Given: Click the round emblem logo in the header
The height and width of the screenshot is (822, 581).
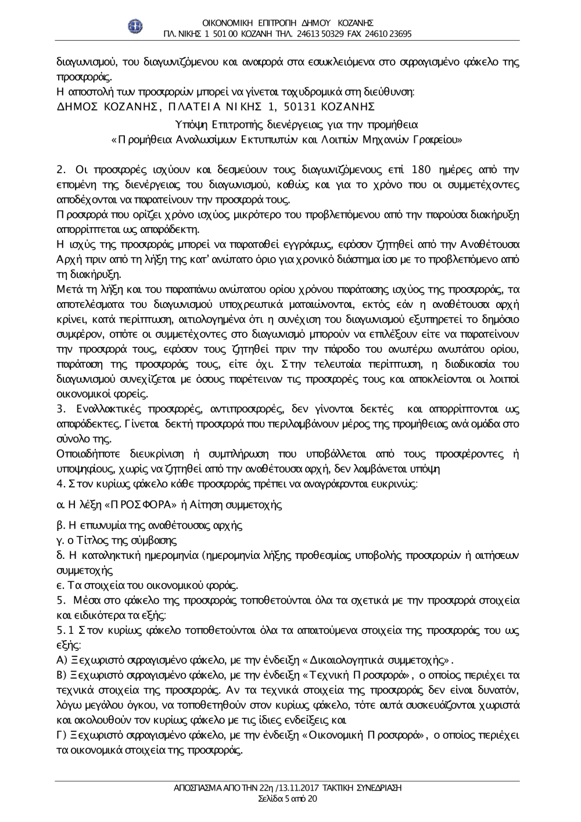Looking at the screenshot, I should click(137, 26).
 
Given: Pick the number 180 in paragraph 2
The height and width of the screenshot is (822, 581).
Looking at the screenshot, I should click(420, 170).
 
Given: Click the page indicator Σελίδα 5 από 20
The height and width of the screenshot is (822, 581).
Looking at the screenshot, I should click(287, 799).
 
